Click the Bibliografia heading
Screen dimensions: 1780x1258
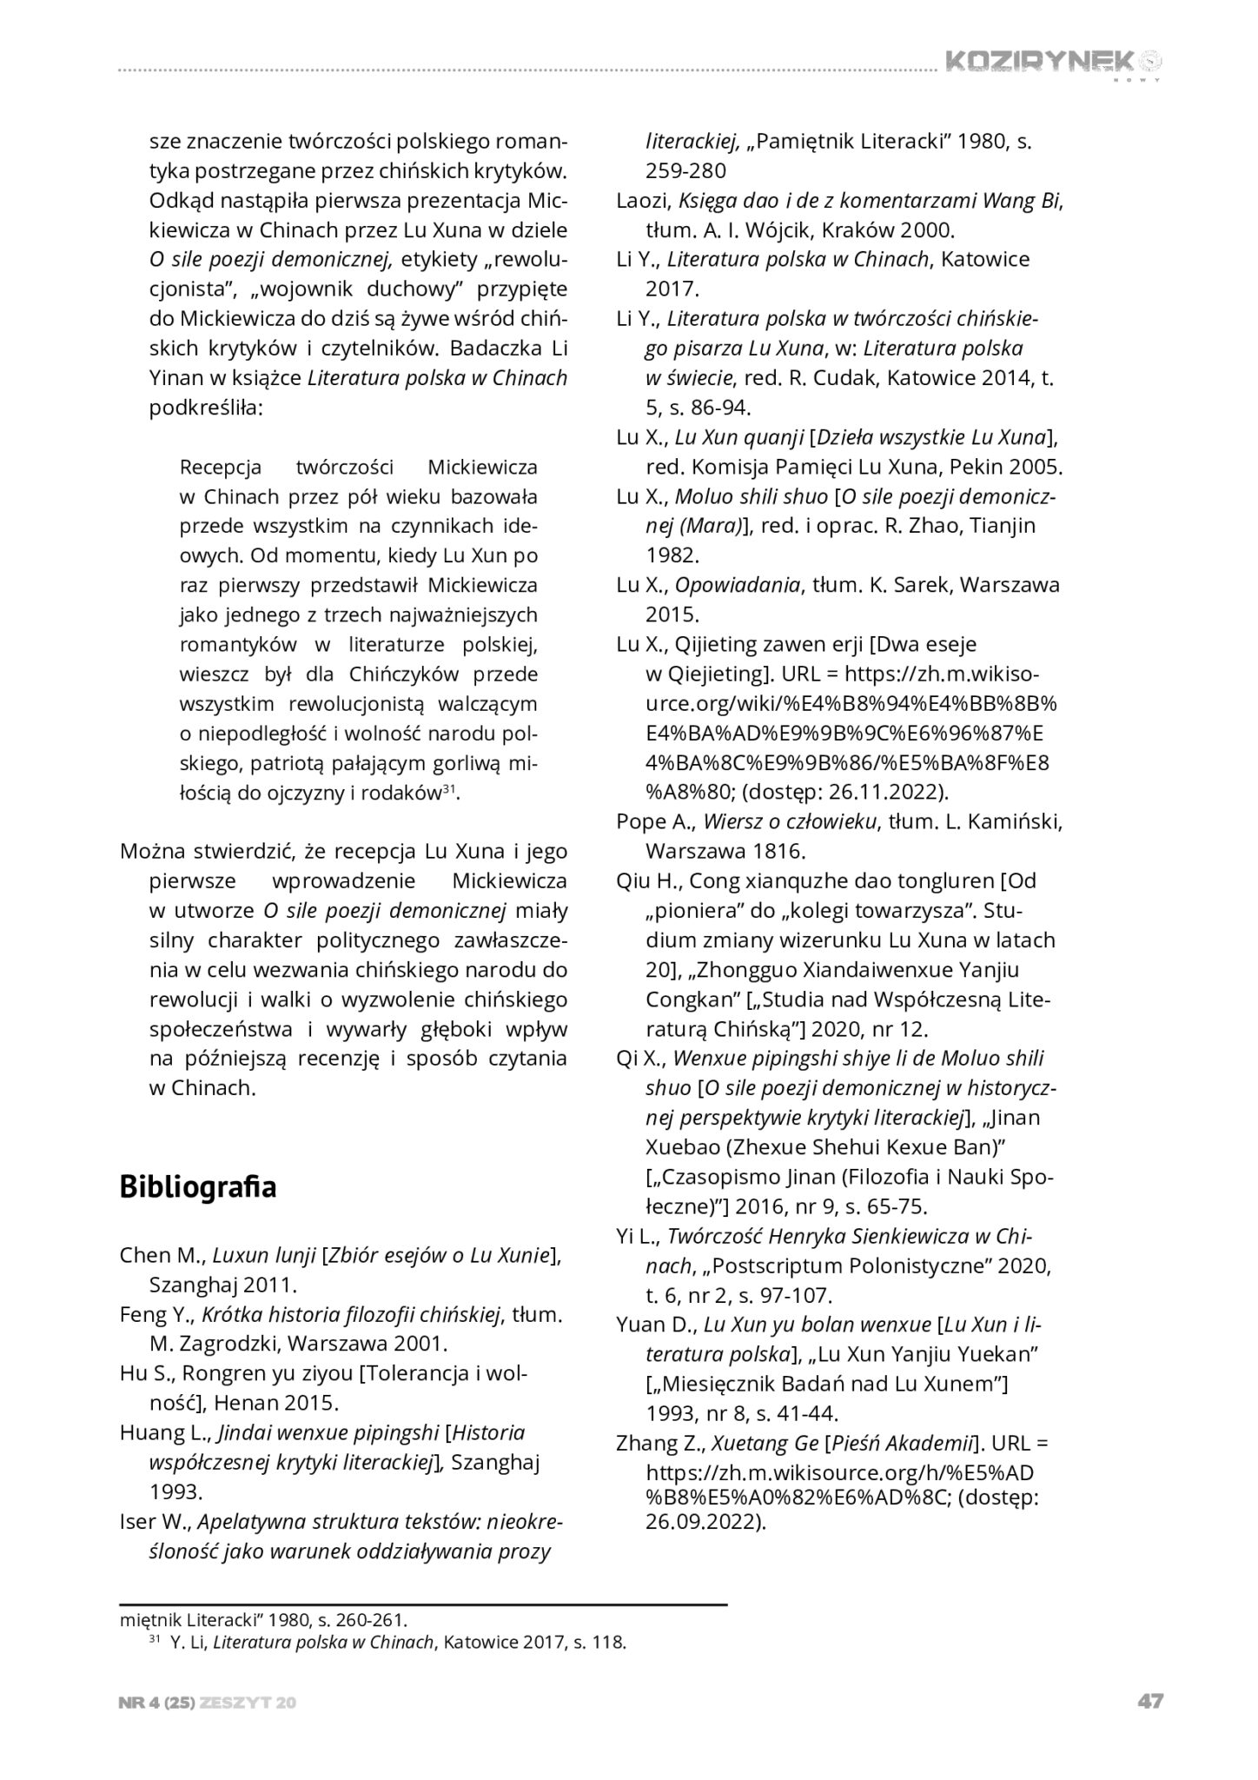[x=198, y=1186]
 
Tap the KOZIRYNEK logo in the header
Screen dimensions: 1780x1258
[x=1051, y=62]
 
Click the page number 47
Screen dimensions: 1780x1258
[x=1149, y=1702]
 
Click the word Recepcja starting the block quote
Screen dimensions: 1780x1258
[x=221, y=467]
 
